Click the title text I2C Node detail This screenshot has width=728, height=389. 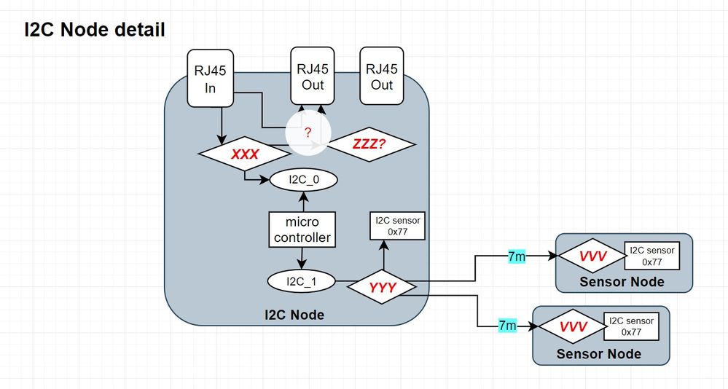point(95,30)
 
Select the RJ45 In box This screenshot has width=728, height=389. point(210,76)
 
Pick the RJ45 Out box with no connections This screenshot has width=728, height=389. point(381,76)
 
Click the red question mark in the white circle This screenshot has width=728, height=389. point(308,133)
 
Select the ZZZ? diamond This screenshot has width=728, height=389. point(371,146)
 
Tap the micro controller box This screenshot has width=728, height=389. point(302,229)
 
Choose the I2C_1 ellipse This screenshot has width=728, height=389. point(301,280)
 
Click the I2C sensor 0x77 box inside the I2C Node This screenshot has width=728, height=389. point(397,227)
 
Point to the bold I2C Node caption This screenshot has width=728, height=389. point(294,315)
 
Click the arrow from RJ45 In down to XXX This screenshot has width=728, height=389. point(220,120)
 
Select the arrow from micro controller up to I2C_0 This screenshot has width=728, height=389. point(302,201)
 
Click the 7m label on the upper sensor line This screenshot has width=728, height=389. point(517,256)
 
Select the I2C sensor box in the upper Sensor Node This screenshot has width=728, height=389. point(651,256)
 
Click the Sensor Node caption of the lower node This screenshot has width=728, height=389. point(598,353)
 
